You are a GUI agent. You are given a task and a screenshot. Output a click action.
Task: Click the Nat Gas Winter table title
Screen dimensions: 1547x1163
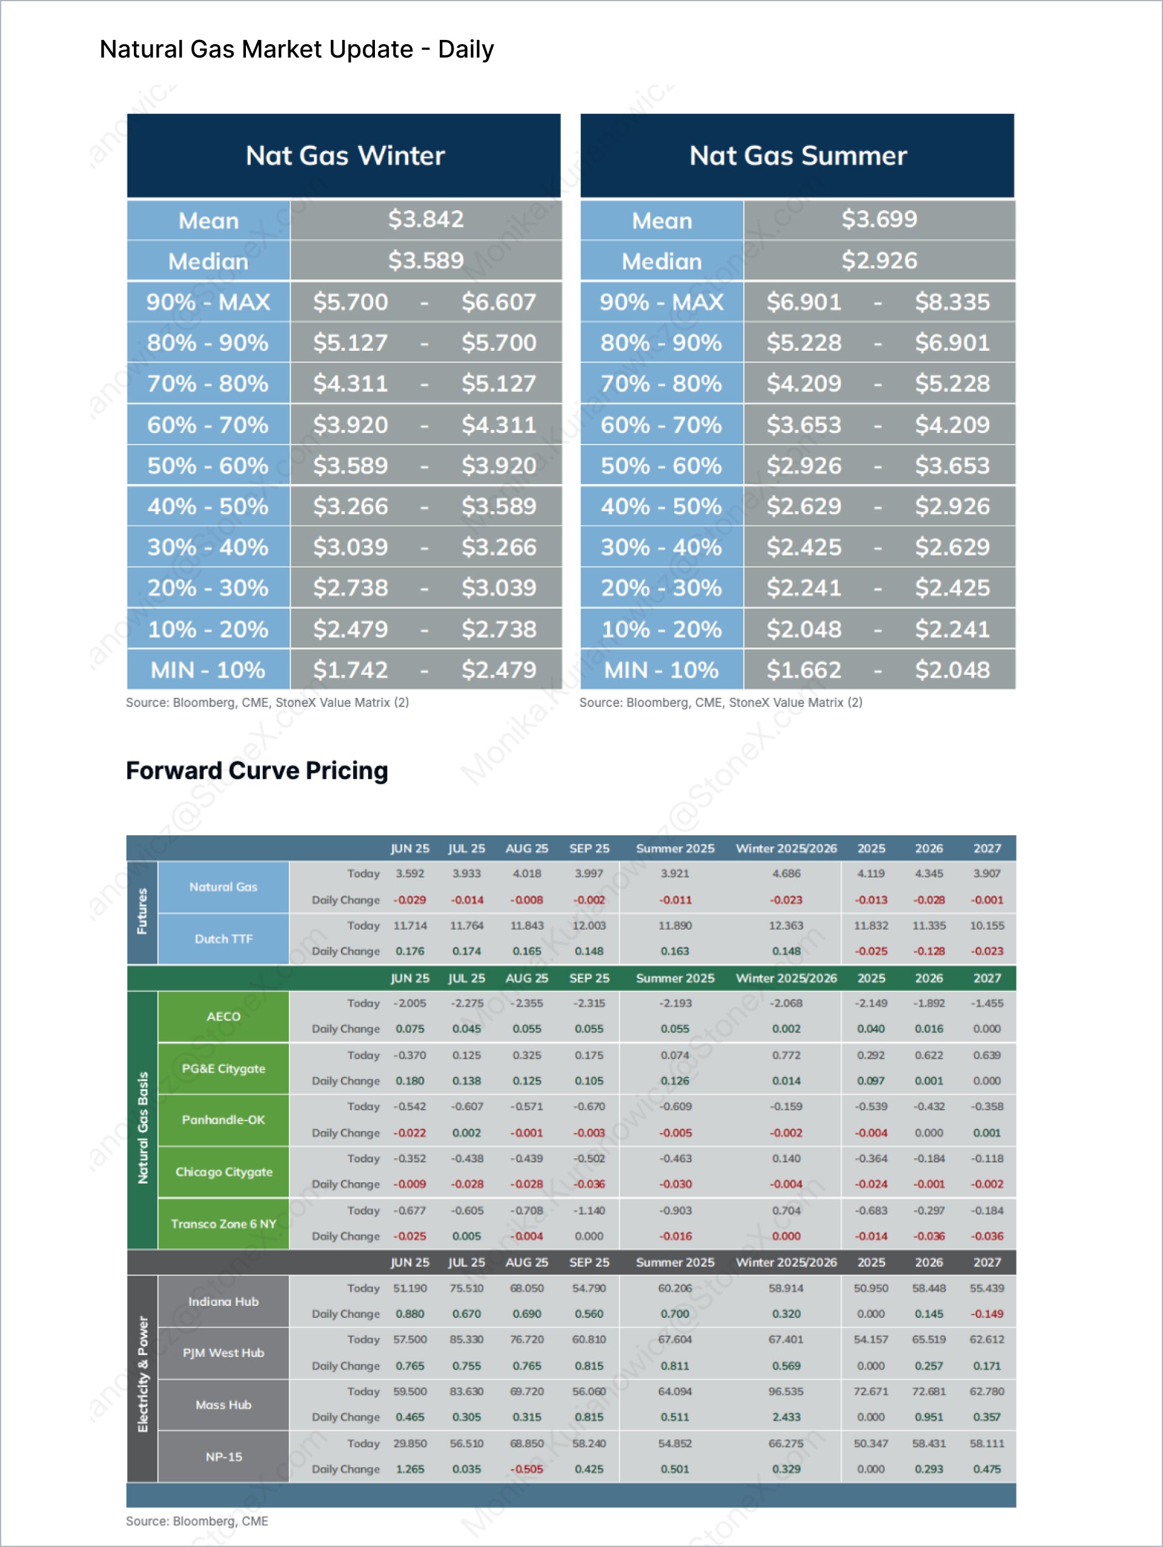345,155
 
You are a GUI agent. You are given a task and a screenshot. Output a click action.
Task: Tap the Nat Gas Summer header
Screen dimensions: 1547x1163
797,155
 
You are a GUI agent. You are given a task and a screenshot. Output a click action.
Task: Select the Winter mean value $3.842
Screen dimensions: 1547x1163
425,220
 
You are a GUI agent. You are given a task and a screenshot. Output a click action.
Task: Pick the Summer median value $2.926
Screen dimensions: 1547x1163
878,261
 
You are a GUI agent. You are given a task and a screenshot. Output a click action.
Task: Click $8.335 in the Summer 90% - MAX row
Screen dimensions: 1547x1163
952,302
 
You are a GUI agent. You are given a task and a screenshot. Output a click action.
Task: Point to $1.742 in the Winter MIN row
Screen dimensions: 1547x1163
350,670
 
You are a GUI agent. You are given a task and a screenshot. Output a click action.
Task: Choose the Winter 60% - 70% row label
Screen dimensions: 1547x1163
208,425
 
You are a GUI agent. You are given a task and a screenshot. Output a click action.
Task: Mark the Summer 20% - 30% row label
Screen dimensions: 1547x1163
661,588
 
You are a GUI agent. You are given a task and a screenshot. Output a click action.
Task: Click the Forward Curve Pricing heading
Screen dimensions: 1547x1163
257,770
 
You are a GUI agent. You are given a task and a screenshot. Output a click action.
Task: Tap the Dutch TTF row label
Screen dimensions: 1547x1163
223,938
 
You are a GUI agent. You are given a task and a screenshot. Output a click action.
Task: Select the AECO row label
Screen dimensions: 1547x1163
223,1016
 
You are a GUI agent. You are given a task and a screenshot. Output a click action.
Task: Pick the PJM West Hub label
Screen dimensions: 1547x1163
223,1353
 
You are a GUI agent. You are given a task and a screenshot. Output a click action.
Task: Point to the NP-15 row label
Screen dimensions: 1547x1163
223,1457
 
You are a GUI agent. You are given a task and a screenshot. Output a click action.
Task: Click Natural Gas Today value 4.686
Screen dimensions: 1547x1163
786,873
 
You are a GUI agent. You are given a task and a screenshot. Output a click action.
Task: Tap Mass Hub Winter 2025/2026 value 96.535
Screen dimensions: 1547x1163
786,1391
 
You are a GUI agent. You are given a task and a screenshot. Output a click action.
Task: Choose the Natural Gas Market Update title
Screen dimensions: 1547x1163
297,50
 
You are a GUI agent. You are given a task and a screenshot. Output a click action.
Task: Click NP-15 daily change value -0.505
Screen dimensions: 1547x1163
526,1469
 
